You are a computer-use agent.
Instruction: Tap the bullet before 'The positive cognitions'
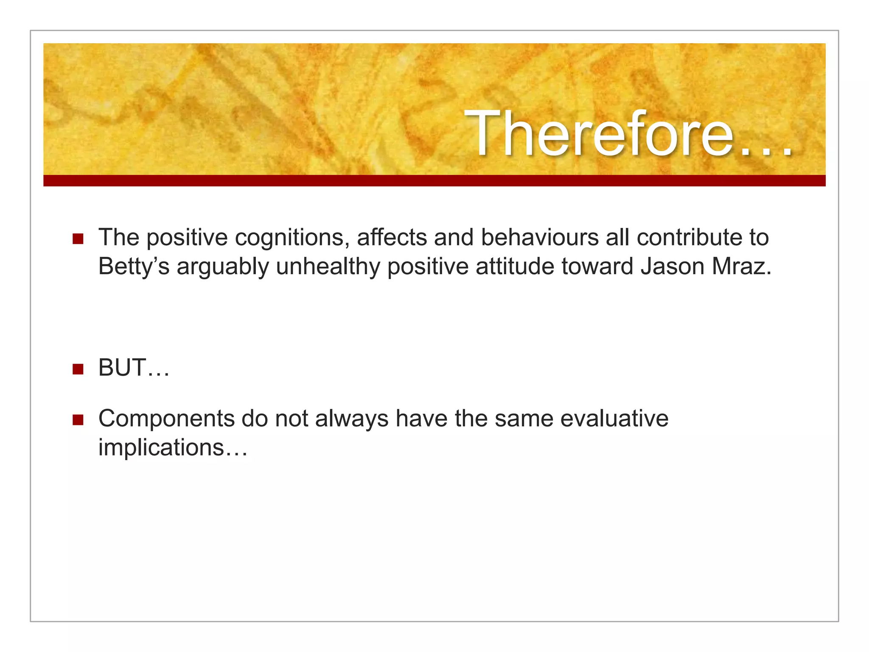tap(78, 239)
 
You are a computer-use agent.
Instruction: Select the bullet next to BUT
tap(78, 369)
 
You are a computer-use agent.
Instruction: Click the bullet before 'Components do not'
tap(78, 420)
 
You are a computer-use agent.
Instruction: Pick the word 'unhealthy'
tap(328, 267)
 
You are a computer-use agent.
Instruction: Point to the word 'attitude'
tap(515, 266)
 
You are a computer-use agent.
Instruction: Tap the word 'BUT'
tap(122, 368)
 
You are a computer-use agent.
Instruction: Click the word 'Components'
tap(166, 419)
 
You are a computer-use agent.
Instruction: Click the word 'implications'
tap(161, 447)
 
